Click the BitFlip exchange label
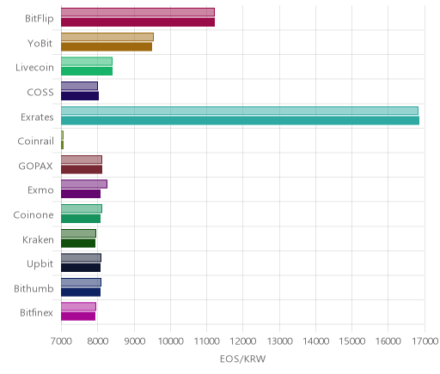40,19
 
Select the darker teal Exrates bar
240,121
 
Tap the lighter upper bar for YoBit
107,37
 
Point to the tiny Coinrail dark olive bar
62,145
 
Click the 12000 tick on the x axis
243,341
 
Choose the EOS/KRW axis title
243,359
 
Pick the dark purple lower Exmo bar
81,194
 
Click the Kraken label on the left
38,239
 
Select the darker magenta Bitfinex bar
78,317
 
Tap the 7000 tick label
61,341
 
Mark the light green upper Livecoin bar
87,62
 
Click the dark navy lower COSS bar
80,96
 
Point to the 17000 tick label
425,341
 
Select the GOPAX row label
35,166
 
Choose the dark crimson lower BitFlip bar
137,22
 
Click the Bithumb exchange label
34,288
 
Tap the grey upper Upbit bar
81,258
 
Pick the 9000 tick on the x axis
134,341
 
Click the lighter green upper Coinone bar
82,208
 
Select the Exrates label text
37,118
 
